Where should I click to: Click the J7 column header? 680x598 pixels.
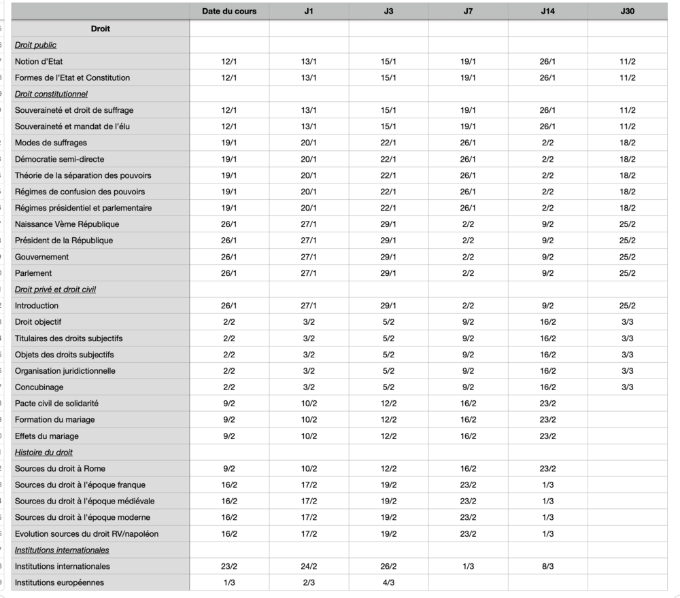tap(468, 12)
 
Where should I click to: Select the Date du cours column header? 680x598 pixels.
tap(229, 12)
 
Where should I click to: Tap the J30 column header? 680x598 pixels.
tap(628, 12)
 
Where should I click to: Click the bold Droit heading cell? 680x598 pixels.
tap(100, 29)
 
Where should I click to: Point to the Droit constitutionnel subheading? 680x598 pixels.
tap(51, 94)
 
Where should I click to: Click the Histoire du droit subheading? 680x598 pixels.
tap(44, 452)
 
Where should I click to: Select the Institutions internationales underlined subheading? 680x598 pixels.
tap(62, 550)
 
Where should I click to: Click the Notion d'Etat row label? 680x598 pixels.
tap(39, 61)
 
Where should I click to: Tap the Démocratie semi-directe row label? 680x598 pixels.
tap(60, 159)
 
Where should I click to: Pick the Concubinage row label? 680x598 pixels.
tap(39, 387)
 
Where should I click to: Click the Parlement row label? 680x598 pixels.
tap(33, 273)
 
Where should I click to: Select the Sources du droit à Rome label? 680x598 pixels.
tap(60, 468)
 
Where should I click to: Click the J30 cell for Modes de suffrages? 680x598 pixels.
tap(628, 143)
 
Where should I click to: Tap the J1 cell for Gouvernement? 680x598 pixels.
tap(309, 257)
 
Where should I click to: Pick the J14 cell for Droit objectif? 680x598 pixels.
tap(548, 322)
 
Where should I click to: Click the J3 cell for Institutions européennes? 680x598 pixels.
tap(388, 582)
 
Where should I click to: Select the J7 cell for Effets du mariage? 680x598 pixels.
tap(468, 436)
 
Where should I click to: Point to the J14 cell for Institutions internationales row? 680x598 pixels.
tap(548, 566)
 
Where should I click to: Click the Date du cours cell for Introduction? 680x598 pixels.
tap(229, 306)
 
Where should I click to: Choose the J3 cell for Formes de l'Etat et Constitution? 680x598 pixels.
tap(388, 77)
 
